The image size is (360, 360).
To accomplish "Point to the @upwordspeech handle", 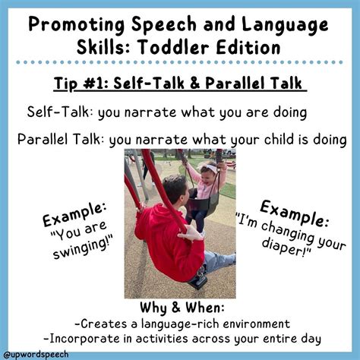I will tap(36, 354).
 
